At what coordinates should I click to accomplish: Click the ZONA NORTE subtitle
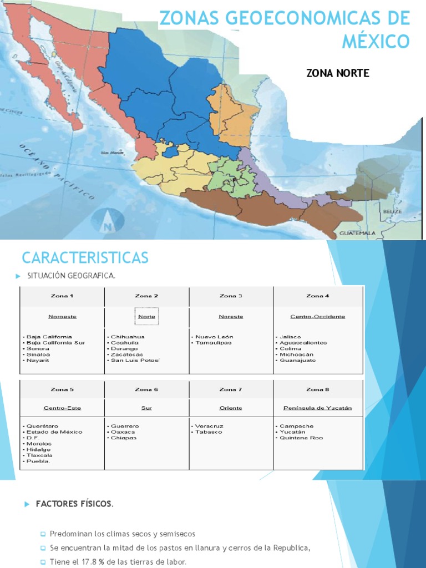[337, 73]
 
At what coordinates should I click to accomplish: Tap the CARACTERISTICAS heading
[85, 257]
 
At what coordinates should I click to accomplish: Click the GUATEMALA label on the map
[357, 233]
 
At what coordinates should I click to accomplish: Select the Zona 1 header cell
[62, 296]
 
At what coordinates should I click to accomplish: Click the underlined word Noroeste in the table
[62, 317]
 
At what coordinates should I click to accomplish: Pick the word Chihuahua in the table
[128, 337]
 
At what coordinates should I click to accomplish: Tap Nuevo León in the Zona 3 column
[214, 337]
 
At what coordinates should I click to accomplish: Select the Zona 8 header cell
[317, 390]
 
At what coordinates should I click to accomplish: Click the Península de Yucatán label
[317, 408]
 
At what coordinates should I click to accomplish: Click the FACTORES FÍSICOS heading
[74, 504]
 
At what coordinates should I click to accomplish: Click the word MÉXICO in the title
[376, 41]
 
